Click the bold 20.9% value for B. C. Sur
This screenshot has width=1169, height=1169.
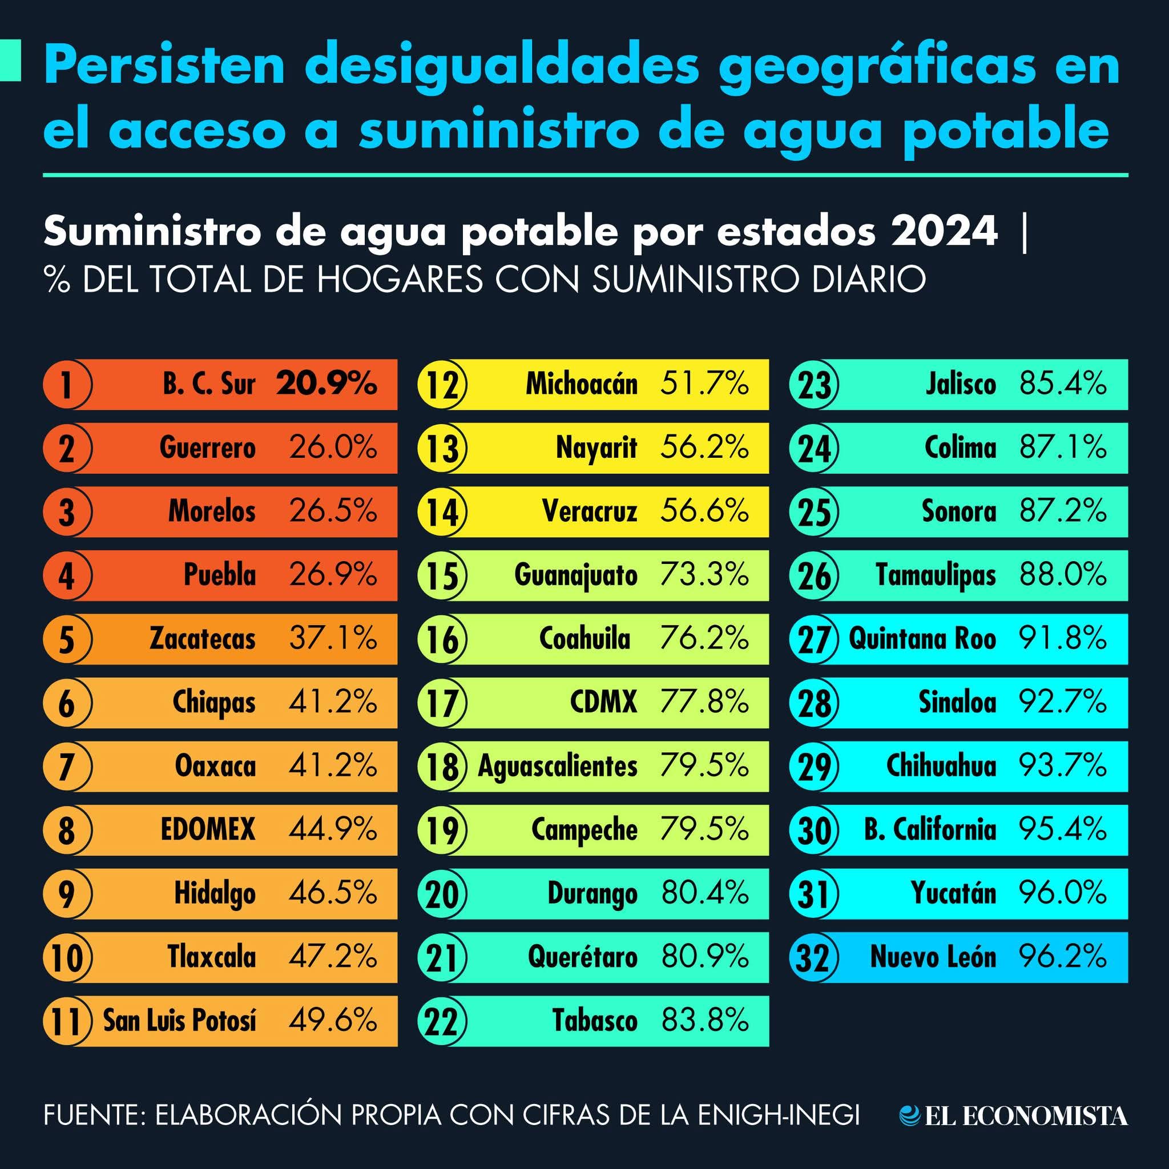point(326,384)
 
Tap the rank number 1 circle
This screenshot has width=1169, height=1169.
point(67,385)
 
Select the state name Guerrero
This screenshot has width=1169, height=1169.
point(208,448)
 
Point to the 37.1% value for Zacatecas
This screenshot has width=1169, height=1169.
point(333,638)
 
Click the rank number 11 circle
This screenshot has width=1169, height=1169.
point(67,1021)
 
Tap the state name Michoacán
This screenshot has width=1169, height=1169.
point(582,384)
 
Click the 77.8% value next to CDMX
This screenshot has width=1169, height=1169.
point(704,702)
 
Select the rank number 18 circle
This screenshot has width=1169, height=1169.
point(442,767)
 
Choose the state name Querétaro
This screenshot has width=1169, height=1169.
point(582,957)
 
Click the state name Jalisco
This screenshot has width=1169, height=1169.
point(961,384)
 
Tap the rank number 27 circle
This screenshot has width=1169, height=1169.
point(814,639)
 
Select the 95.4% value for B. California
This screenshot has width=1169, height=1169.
point(1063,829)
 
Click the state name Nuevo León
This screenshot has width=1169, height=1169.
point(933,957)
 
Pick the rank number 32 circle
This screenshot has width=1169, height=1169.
point(814,957)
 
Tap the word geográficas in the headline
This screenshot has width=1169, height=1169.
point(877,68)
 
